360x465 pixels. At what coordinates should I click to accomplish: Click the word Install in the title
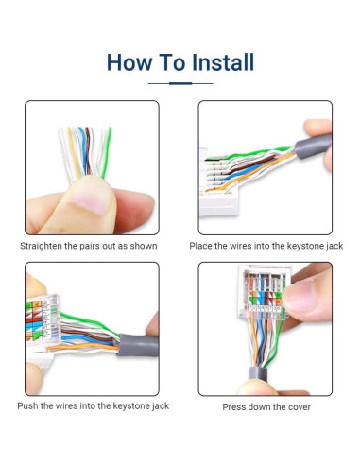[x=223, y=62]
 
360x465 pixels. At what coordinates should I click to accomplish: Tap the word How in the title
[x=129, y=62]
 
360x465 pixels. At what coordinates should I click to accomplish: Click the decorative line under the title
[x=180, y=83]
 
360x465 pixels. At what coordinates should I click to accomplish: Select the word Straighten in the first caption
[x=41, y=246]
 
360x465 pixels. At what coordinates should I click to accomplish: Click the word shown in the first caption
[x=144, y=246]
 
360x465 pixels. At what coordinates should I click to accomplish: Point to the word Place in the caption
[x=200, y=246]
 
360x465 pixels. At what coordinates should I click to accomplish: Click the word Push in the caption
[x=27, y=405]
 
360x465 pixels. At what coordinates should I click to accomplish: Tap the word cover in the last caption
[x=299, y=407]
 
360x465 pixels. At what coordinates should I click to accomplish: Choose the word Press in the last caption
[x=233, y=407]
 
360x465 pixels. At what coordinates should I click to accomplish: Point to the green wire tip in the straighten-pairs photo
[x=110, y=129]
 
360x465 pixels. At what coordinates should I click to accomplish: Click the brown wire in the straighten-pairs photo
[x=88, y=151]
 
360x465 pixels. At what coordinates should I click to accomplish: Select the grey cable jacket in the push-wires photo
[x=138, y=345]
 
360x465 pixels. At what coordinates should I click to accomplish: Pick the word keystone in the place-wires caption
[x=302, y=246]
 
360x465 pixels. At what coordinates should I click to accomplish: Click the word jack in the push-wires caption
[x=161, y=406]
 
